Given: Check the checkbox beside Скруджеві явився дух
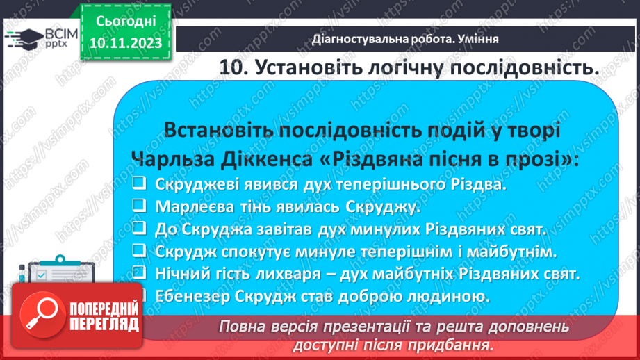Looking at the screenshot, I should tap(139, 185).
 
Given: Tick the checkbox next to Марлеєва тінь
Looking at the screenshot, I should tap(139, 207).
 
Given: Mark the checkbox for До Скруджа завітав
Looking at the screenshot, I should tap(139, 229).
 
